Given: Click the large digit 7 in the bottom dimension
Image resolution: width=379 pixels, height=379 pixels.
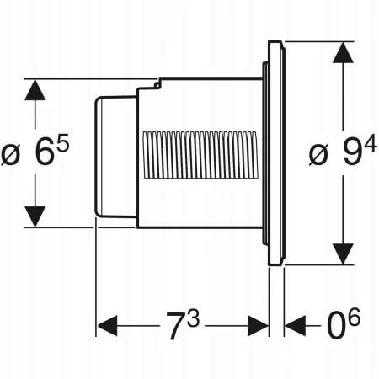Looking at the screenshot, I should pyautogui.click(x=173, y=328).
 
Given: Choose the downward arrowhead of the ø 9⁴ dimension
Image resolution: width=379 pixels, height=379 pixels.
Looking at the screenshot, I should pyautogui.click(x=342, y=254).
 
